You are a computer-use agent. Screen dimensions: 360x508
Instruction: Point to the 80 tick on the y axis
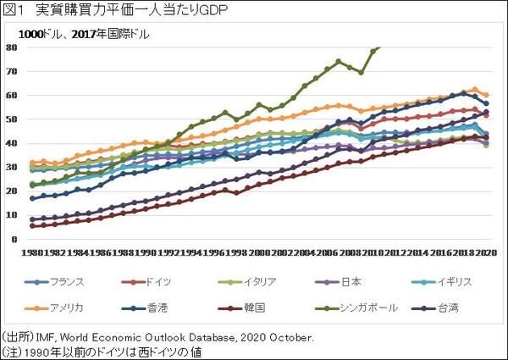(12, 47)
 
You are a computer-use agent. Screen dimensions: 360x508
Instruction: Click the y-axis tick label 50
(12, 119)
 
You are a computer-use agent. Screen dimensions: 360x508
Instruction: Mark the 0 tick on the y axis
(14, 239)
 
